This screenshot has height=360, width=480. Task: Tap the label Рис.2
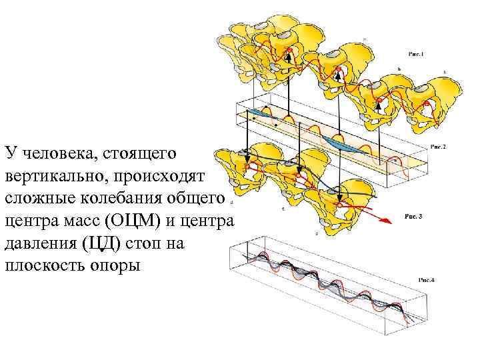[x=437, y=147]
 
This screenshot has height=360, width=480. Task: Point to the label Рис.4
[x=424, y=280]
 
